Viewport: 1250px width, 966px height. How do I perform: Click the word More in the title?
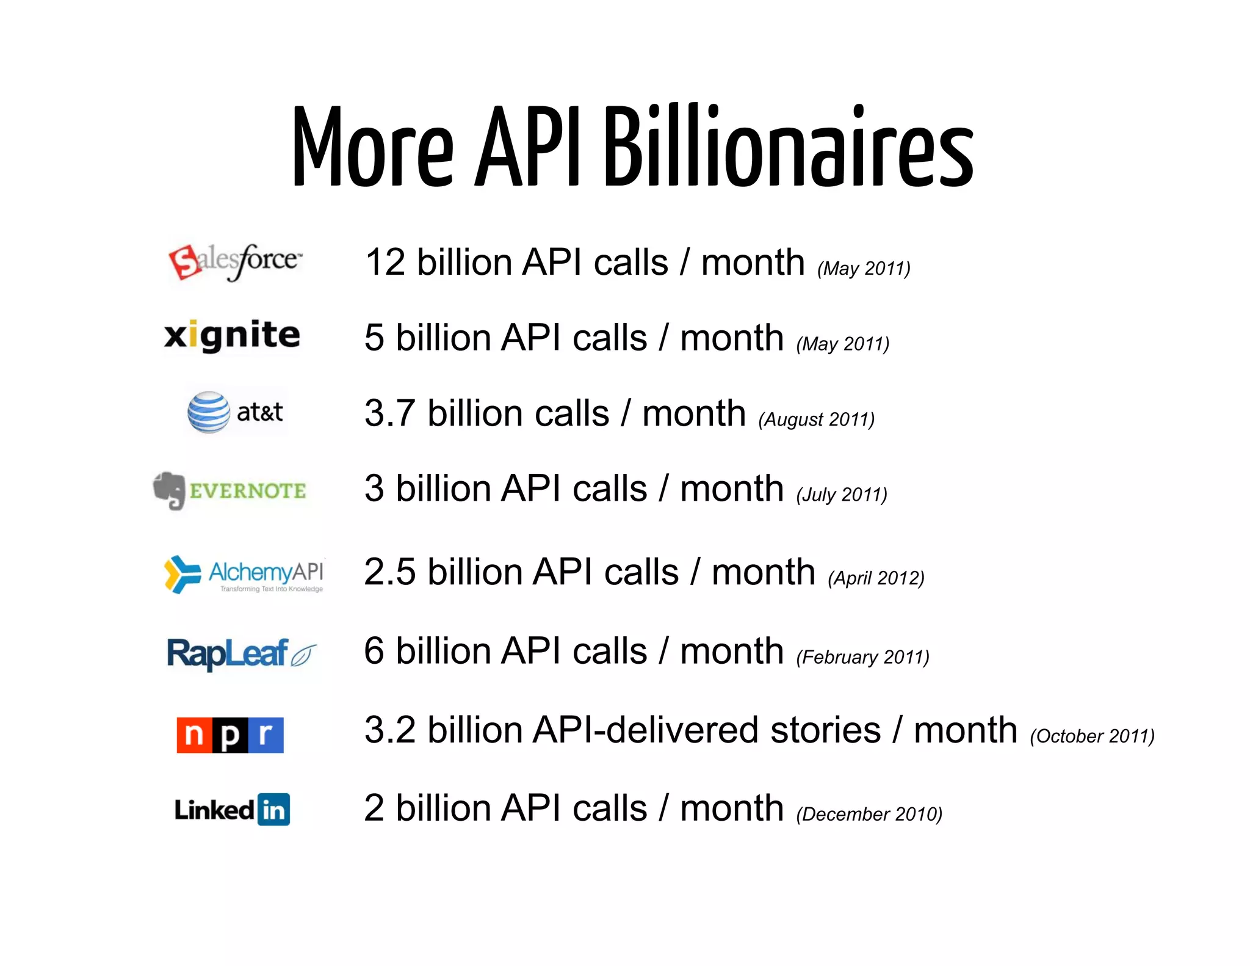[372, 148]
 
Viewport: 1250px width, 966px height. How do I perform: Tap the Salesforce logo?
[235, 262]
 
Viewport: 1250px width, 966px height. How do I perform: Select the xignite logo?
[232, 335]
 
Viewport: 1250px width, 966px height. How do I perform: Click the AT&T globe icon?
[209, 412]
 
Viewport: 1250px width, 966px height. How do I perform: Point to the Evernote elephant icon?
[169, 490]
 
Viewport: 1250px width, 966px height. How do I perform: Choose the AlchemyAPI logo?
[244, 574]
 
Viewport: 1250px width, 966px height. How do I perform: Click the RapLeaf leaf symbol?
[303, 655]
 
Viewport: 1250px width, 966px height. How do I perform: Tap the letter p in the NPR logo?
[230, 735]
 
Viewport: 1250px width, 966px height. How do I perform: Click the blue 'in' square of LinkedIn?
[273, 810]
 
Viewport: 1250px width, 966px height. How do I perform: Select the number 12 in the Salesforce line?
[385, 263]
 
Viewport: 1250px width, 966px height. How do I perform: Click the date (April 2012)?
[876, 578]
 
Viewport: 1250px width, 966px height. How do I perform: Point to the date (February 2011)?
[862, 657]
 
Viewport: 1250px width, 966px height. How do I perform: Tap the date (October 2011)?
[1092, 736]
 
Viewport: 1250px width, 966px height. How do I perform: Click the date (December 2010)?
[869, 814]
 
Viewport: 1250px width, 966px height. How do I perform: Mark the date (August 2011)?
[816, 419]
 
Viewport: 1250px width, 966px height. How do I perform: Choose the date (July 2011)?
[842, 495]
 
